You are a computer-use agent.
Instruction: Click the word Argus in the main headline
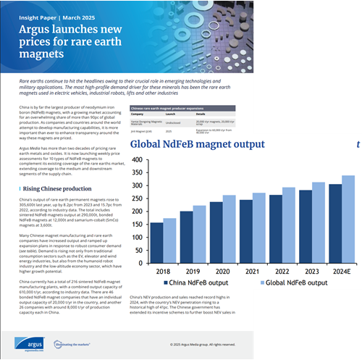(x=32, y=30)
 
